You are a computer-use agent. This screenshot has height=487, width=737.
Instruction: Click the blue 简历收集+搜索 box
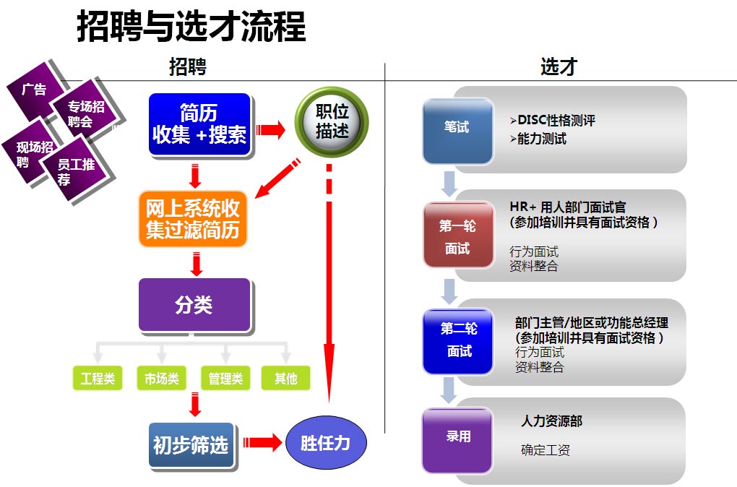pos(199,124)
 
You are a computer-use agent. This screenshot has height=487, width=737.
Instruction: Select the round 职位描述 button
pos(332,121)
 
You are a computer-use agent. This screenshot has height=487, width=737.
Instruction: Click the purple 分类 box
pos(194,304)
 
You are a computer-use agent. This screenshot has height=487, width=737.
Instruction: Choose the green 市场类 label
pos(161,378)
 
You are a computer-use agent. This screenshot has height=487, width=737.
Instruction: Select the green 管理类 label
pos(225,378)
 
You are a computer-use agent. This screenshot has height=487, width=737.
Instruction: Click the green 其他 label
pos(285,378)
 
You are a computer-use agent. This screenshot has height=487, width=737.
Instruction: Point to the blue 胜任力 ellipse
pos(325,442)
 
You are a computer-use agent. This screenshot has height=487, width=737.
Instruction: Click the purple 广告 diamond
pos(34,90)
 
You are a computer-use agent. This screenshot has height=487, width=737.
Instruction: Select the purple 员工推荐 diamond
pos(76,171)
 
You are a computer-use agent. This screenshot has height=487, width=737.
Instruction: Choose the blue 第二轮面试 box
pos(459,340)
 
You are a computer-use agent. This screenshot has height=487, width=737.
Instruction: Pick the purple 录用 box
pos(458,437)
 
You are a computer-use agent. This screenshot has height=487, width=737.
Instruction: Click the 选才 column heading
pos(559,66)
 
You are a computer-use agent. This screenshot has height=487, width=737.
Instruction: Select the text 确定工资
pos(546,450)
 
